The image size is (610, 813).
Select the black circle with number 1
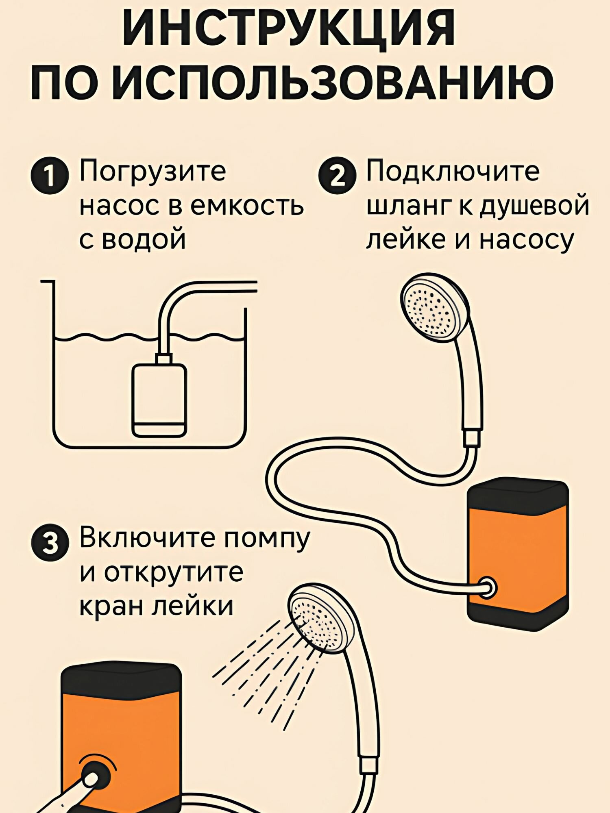point(49,176)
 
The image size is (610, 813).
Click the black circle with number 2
point(337,176)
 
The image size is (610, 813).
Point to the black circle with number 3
point(49,544)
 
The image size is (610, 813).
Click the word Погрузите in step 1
point(152,172)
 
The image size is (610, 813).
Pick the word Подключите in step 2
point(453,172)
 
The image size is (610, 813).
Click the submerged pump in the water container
point(159,400)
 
